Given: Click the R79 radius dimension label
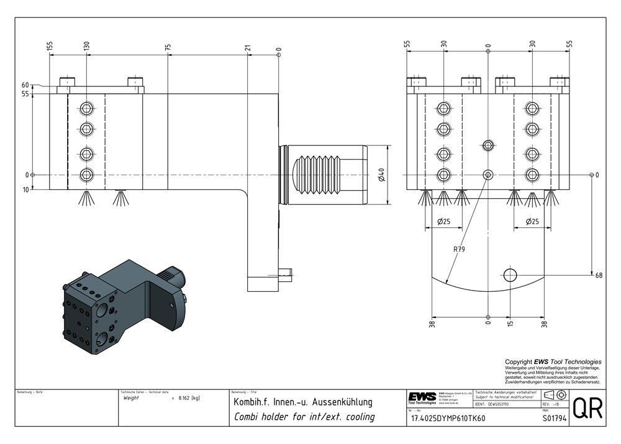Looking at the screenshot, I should pyautogui.click(x=459, y=250).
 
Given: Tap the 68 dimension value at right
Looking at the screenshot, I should pyautogui.click(x=599, y=274).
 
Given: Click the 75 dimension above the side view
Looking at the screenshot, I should pyautogui.click(x=168, y=47).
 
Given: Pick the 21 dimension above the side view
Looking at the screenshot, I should pyautogui.click(x=248, y=47).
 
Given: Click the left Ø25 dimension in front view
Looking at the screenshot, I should pyautogui.click(x=443, y=221).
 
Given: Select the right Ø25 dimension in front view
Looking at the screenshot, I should pyautogui.click(x=532, y=221).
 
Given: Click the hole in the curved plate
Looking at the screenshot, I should pyautogui.click(x=510, y=274).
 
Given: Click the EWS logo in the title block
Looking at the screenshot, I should pyautogui.click(x=422, y=397).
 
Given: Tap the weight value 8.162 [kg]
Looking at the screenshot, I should pyautogui.click(x=188, y=397).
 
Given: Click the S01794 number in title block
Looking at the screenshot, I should pyautogui.click(x=554, y=419).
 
